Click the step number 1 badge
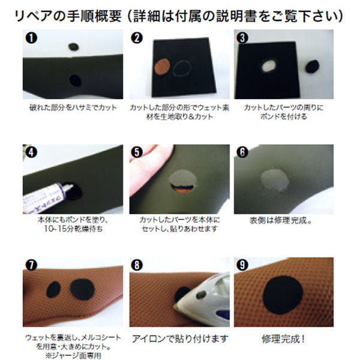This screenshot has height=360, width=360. click(x=31, y=38)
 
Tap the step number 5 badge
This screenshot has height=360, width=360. click(x=137, y=152)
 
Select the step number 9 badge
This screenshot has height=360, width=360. click(x=242, y=265)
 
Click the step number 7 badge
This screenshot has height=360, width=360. click(x=31, y=265)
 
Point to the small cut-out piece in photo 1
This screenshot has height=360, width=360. click(x=74, y=47)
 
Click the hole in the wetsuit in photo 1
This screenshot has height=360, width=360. click(x=75, y=80)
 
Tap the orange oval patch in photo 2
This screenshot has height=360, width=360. click(x=162, y=67)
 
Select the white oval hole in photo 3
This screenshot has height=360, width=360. click(x=269, y=65)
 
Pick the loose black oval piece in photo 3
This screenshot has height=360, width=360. click(x=312, y=67)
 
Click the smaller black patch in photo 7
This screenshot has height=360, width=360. click(x=53, y=290)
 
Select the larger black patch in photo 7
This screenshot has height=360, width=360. click(x=82, y=289)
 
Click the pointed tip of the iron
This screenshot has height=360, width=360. click(x=175, y=306)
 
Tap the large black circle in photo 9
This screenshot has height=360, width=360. click(x=283, y=295)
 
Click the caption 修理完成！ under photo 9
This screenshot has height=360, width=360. click(x=284, y=339)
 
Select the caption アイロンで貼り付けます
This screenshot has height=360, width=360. click(x=180, y=339)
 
